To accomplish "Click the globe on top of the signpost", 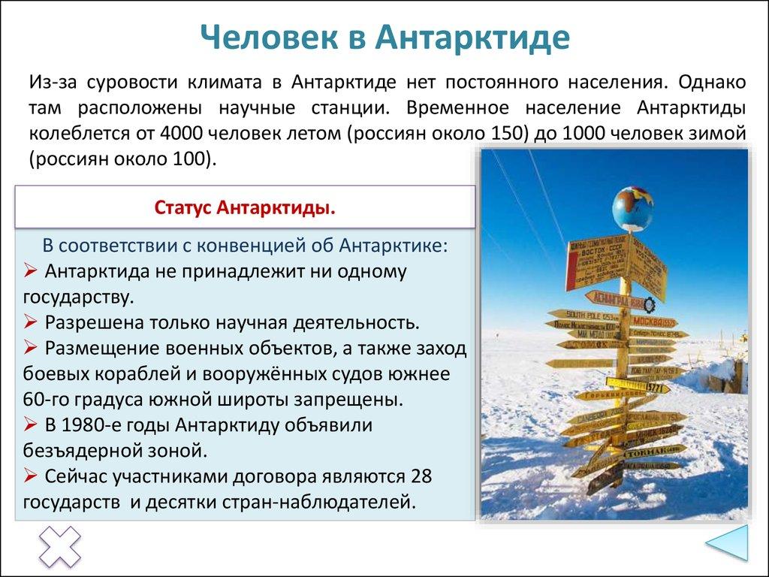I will point(632,209).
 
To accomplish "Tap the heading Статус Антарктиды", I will point(245,207).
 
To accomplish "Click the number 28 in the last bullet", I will point(421,476).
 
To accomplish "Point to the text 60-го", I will point(46,399).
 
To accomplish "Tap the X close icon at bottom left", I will point(59,546).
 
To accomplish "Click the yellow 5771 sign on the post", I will point(655,388).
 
